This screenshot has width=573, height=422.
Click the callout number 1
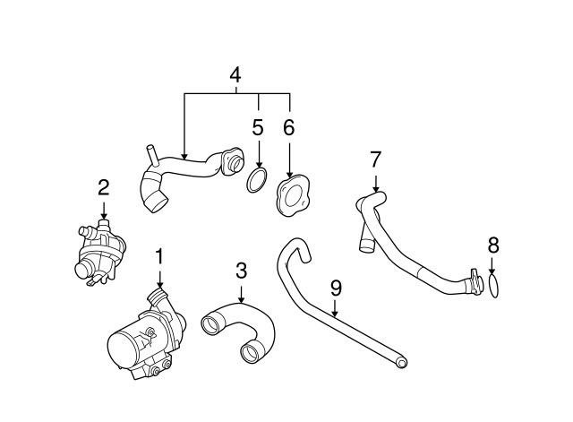click(x=159, y=257)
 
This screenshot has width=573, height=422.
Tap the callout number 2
click(x=104, y=188)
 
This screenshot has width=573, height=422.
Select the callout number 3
click(x=241, y=271)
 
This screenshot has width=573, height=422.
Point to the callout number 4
click(x=235, y=75)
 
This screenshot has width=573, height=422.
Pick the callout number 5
click(x=258, y=127)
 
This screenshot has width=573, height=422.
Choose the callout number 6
click(x=289, y=127)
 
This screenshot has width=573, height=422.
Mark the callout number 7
click(x=376, y=159)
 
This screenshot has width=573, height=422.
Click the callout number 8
click(x=493, y=245)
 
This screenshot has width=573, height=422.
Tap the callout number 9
click(x=336, y=289)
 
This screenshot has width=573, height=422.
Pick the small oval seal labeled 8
click(x=493, y=285)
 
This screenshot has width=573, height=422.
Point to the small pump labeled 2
click(x=99, y=251)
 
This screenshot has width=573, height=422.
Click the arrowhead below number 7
click(x=376, y=188)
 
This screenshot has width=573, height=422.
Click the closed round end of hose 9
click(x=402, y=362)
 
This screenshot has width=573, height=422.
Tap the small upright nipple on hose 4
click(x=151, y=155)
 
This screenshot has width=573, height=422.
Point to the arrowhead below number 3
click(x=241, y=299)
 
